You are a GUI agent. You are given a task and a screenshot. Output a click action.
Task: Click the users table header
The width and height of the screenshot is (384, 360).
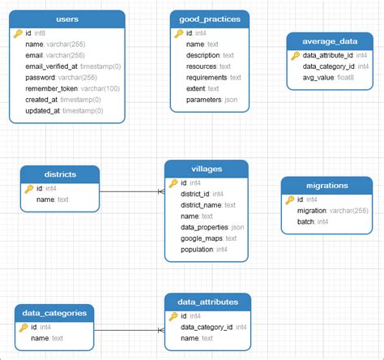coord(66,18)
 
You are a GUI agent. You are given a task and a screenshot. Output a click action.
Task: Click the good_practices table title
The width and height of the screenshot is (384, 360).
coord(210,18)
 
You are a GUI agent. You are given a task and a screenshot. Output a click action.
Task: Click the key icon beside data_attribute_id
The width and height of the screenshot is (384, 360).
coord(296,55)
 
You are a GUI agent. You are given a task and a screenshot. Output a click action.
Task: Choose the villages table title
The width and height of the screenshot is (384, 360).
coord(205,169)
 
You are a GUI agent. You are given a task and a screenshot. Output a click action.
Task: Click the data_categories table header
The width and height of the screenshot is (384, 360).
coord(54,312)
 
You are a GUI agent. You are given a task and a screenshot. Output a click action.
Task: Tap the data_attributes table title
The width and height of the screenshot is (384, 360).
coord(207,302)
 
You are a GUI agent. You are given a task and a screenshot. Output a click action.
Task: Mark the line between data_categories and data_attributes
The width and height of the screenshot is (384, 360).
coord(129,330)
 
